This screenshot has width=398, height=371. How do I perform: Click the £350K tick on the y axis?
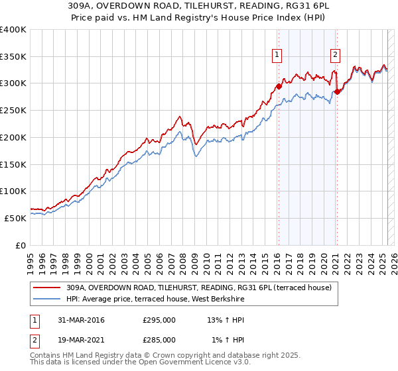point(13,57)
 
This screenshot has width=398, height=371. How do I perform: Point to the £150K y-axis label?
point(13,164)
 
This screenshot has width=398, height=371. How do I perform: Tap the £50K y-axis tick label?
point(16,217)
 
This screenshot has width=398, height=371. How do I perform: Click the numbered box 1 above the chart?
point(277,55)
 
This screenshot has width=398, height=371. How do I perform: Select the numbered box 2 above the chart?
point(336,55)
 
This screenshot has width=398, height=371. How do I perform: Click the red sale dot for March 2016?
point(279,85)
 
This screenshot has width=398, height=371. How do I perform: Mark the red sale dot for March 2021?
point(338,91)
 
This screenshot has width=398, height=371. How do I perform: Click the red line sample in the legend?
point(47,287)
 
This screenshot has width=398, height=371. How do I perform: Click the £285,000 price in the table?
point(159,339)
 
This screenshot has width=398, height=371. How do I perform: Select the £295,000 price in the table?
point(159,320)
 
